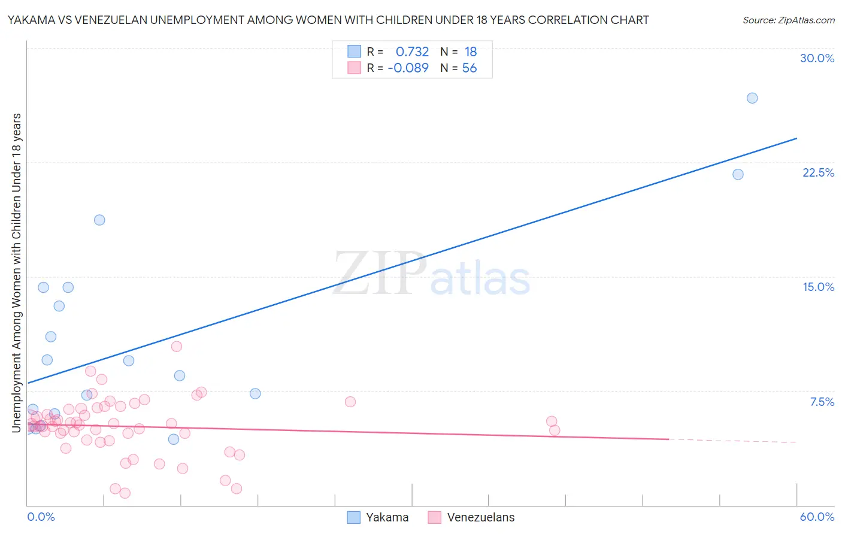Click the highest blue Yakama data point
tap(752, 98)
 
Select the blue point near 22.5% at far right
tap(738, 174)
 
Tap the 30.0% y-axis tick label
tap(817, 58)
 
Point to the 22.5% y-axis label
tap(818, 172)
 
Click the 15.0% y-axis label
tap(818, 287)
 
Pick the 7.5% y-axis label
tap(822, 402)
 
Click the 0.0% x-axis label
tap(41, 517)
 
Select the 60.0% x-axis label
tap(817, 517)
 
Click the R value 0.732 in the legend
tap(412, 52)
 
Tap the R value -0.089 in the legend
tap(408, 68)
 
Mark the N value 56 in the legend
tap(470, 68)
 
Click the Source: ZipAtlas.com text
tap(788, 20)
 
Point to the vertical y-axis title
tap(16, 272)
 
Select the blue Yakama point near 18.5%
tap(99, 220)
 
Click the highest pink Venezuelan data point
tap(176, 347)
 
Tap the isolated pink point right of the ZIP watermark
tap(350, 402)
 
